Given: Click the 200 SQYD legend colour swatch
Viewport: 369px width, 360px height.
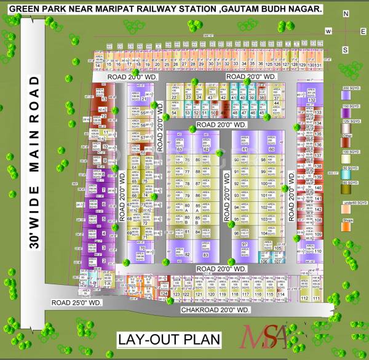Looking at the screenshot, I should (x=346, y=94).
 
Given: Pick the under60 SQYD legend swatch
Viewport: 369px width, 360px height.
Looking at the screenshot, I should (x=346, y=208).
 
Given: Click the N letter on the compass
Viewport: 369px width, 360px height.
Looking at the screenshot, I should (x=346, y=19).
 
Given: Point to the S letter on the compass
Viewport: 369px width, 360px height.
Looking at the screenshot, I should (x=346, y=49).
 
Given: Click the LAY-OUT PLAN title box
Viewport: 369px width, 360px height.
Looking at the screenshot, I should (x=169, y=339).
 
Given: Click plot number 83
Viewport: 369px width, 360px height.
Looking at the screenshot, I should (x=206, y=255).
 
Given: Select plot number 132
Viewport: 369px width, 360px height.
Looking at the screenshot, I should (x=311, y=100).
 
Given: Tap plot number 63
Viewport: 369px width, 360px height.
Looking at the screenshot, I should (x=180, y=149).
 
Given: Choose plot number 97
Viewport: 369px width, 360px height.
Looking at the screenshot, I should (x=244, y=244).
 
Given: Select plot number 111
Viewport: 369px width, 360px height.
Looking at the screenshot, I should (x=317, y=298).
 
